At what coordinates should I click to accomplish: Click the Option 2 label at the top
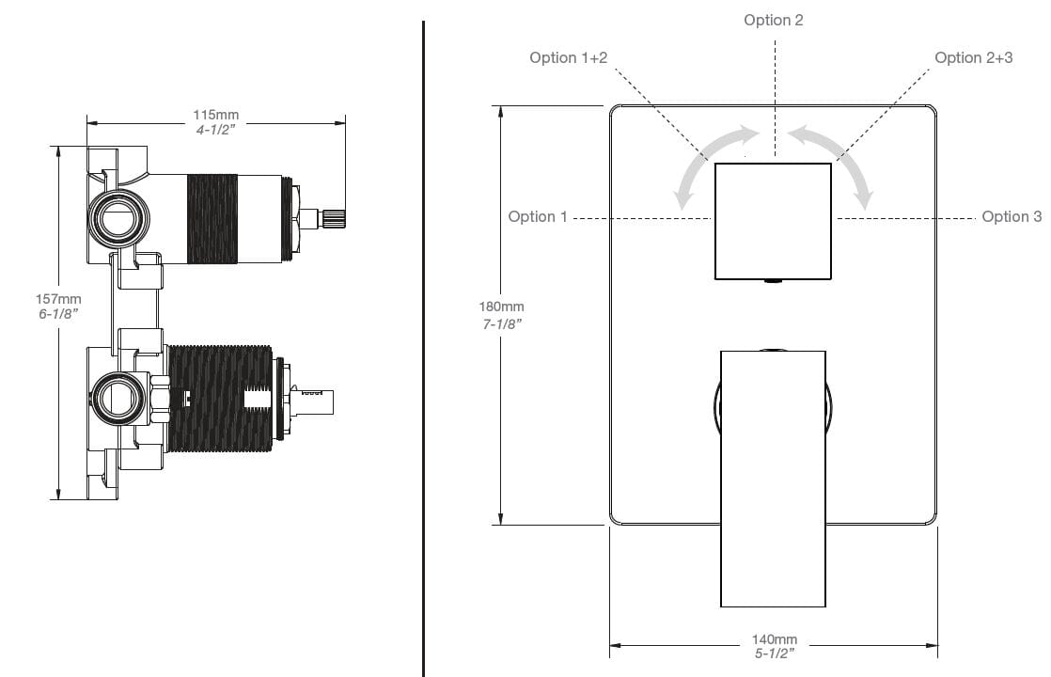point(773,21)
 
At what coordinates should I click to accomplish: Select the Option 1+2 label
point(568,58)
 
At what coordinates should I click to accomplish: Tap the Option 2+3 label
point(973,58)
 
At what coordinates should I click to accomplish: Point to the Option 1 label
point(538,217)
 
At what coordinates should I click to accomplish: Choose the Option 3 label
point(1012,217)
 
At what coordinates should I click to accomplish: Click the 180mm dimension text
point(501,307)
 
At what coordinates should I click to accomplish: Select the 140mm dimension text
point(775,639)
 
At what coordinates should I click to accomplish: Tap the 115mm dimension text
point(216,116)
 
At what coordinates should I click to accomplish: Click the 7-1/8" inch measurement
point(501,323)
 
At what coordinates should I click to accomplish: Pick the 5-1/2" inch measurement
point(775,652)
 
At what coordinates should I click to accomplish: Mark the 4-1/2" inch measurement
point(216,130)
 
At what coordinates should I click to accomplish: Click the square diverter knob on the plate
point(773,221)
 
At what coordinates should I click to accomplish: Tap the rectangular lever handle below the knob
point(773,478)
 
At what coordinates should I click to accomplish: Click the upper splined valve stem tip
point(335,219)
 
